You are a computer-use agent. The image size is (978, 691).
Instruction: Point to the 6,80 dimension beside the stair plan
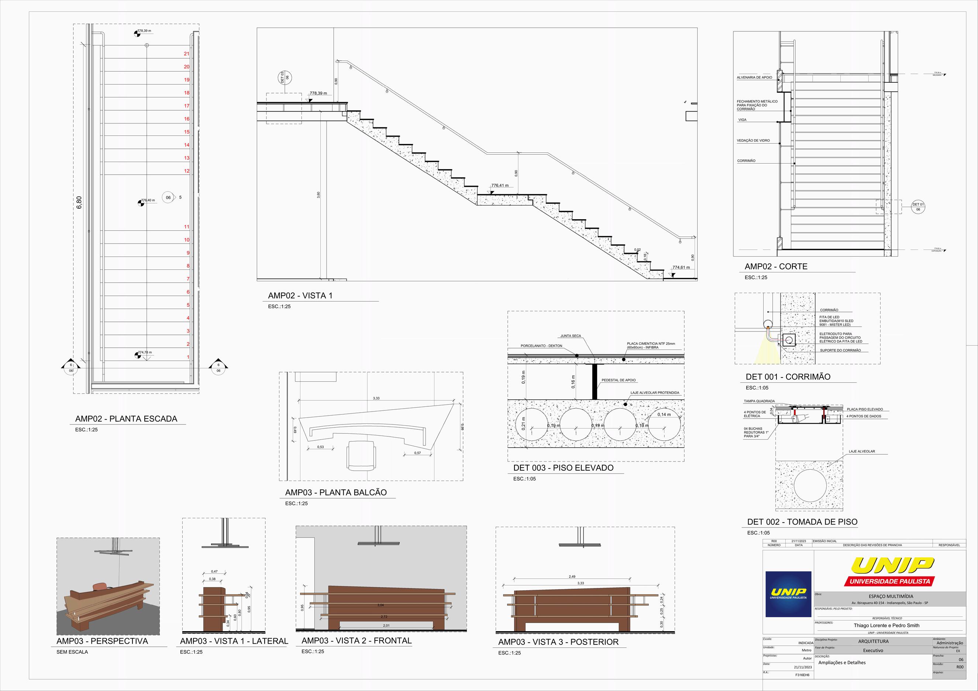tap(79, 202)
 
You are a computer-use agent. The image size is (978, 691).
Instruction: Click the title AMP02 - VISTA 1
tap(300, 296)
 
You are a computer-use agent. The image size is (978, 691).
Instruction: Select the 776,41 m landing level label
tap(500, 186)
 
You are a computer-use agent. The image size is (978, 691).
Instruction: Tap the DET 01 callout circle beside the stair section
tap(918, 207)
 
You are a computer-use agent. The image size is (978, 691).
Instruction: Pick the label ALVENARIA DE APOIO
tap(754, 78)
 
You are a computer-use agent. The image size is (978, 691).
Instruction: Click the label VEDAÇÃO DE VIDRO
tap(753, 141)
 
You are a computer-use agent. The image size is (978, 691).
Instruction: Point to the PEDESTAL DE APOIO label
tap(619, 380)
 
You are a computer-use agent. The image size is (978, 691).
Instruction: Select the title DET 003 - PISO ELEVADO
tap(563, 468)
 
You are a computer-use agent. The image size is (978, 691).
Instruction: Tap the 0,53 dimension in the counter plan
tap(320, 447)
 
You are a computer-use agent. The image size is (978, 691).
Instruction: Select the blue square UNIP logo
tap(788, 594)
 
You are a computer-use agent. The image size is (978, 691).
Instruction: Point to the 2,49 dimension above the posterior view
tap(572, 577)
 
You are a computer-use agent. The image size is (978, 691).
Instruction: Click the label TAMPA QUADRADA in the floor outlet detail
tap(759, 401)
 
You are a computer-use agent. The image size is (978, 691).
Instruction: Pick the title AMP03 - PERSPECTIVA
tap(102, 641)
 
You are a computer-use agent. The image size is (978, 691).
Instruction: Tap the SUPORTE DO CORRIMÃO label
tap(840, 350)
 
